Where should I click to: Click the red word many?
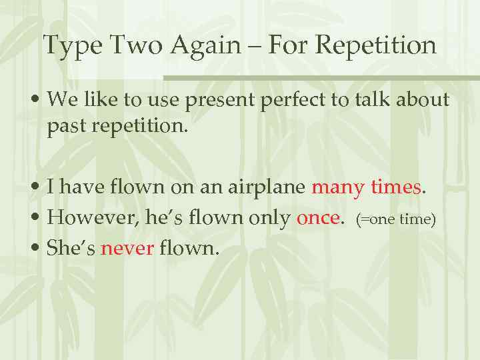click(x=337, y=189)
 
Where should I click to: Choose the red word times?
click(x=395, y=188)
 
